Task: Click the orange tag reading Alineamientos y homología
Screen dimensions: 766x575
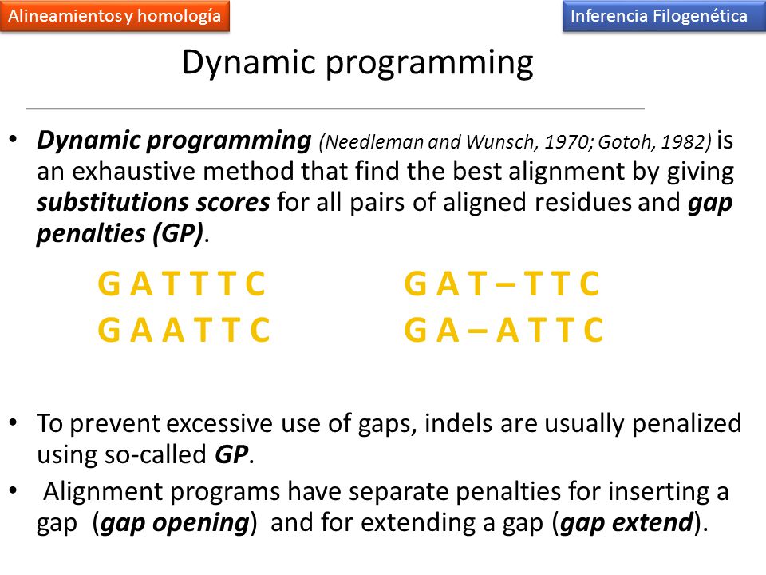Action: (115, 16)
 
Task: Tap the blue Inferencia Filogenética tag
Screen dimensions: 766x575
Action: (664, 16)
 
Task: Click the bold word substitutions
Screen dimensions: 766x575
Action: (113, 202)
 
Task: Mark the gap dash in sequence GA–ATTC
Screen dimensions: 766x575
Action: (477, 330)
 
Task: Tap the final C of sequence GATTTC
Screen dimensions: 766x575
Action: (255, 284)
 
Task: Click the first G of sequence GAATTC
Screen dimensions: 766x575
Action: (109, 330)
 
